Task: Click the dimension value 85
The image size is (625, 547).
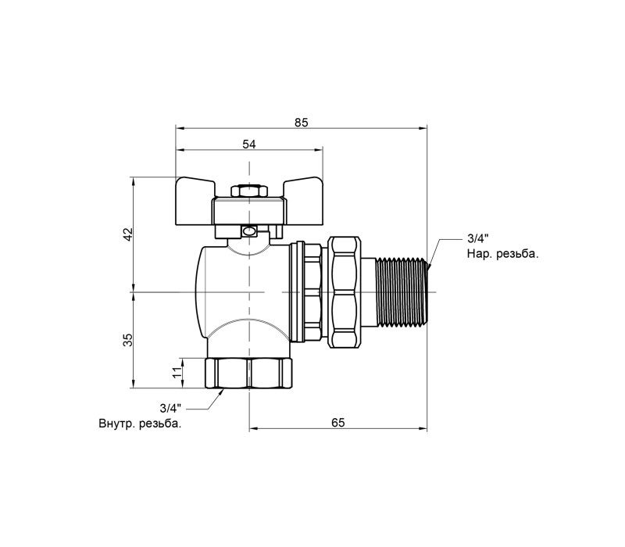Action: pos(302,123)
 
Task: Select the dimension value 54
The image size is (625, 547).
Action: pos(249,144)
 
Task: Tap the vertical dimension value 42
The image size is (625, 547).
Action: pos(128,234)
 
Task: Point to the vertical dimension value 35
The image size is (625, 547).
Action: pos(128,340)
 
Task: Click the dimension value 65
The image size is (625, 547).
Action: pos(338,422)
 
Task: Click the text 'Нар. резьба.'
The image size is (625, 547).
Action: pos(502,254)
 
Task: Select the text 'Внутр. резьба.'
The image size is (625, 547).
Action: pos(140,424)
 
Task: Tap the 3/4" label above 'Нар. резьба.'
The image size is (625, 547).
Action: pos(477,239)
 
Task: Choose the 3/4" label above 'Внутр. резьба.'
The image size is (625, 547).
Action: pos(170,408)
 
